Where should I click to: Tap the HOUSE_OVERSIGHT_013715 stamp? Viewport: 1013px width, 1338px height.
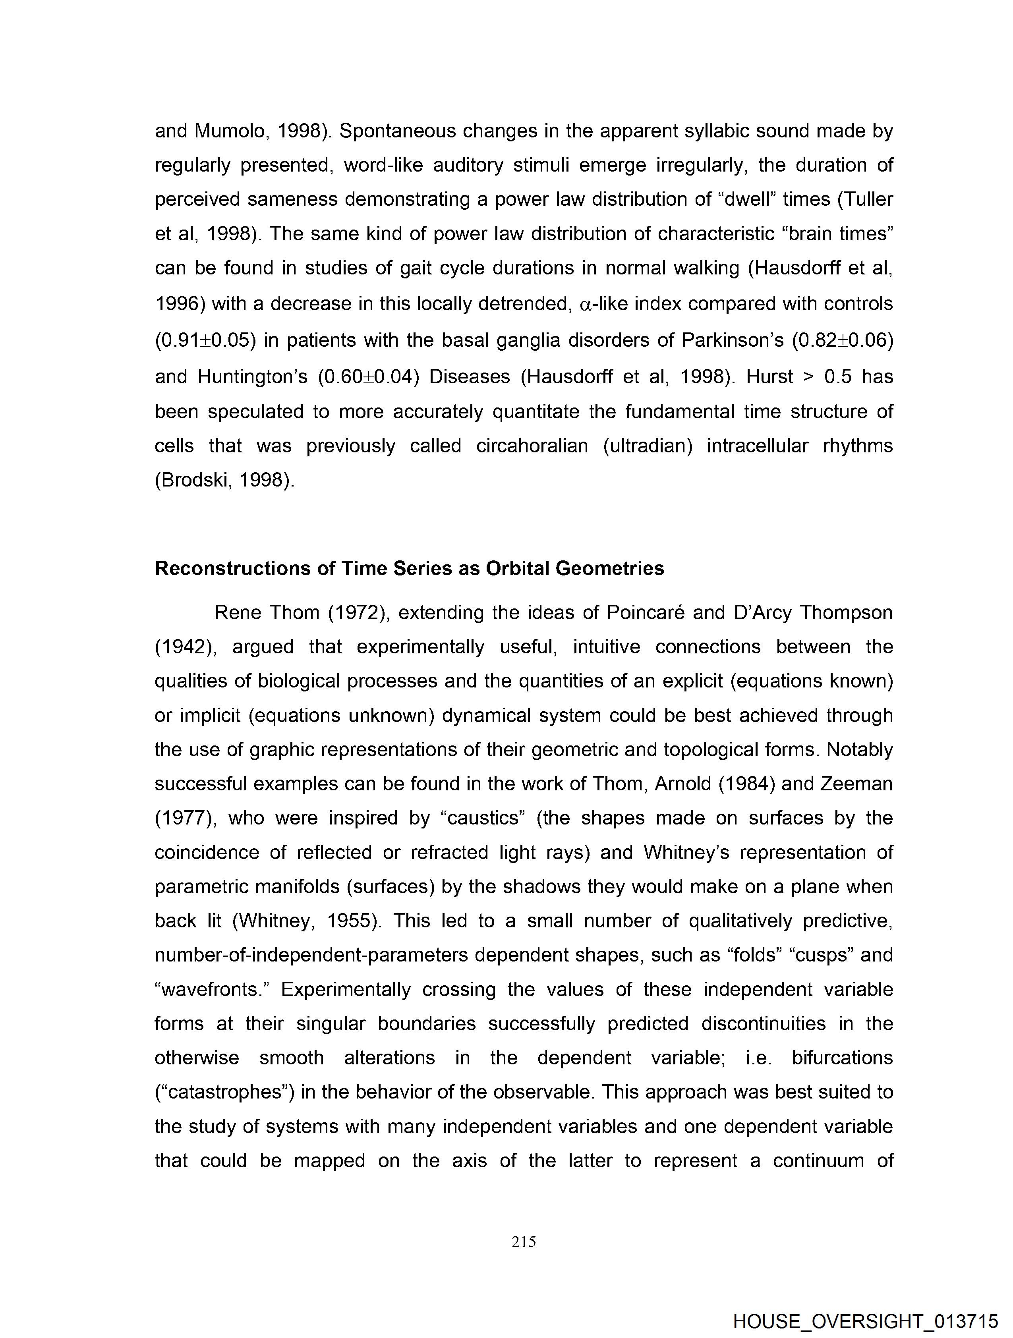click(865, 1321)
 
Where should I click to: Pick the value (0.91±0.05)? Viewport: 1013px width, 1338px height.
click(206, 340)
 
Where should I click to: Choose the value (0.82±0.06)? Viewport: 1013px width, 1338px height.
click(842, 340)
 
